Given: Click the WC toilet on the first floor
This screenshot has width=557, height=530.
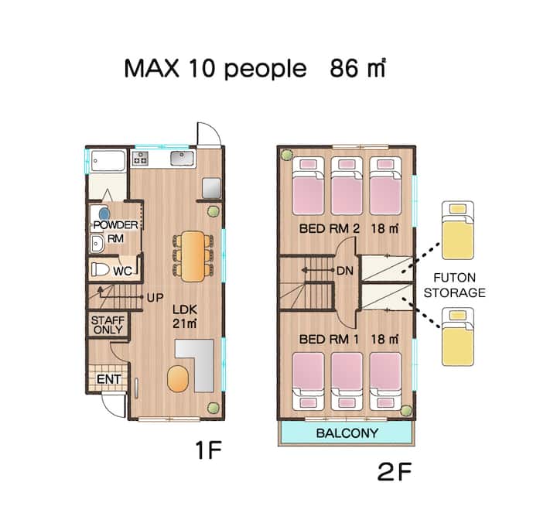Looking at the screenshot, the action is click(101, 269).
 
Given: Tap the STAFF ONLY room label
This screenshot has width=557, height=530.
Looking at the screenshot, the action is click(108, 325).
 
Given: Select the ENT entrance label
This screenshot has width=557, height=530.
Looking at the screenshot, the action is click(109, 379).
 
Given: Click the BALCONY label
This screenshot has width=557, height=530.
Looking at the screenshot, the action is click(347, 433).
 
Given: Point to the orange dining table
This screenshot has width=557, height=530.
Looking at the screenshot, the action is click(193, 256).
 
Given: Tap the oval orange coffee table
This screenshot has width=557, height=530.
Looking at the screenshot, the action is click(178, 378).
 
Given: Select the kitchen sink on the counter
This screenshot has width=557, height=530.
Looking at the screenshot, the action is click(182, 158).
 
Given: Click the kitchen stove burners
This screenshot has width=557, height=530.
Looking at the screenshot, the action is click(140, 158).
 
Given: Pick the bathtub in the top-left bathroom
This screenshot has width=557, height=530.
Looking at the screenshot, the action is click(108, 161).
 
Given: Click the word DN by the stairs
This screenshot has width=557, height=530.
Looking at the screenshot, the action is click(344, 271).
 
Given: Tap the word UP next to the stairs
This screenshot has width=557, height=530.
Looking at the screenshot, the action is click(155, 298).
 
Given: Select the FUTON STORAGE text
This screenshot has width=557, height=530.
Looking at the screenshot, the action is click(455, 285).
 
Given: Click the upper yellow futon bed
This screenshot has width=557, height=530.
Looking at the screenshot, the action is click(457, 231).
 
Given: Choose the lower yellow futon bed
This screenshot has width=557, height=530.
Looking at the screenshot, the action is click(457, 337).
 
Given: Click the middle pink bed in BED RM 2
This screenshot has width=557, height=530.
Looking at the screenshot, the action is click(347, 186).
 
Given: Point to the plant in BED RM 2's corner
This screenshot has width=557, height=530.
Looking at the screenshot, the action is click(286, 155).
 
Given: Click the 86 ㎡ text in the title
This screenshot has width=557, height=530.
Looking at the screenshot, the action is click(357, 68).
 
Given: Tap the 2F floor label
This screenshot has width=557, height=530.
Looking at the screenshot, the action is click(395, 472).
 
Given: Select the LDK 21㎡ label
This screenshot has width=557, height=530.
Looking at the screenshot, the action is click(185, 316).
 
